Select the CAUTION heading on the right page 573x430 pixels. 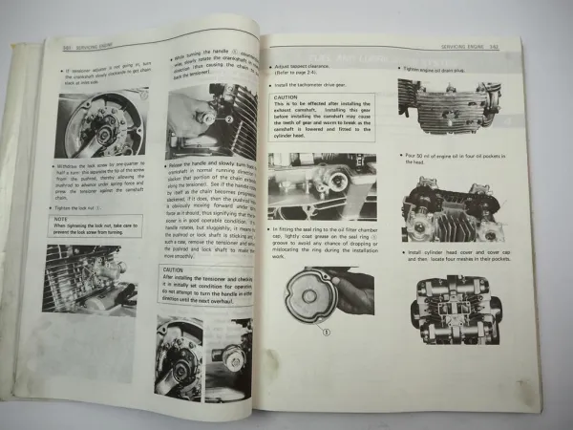(287, 97)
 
